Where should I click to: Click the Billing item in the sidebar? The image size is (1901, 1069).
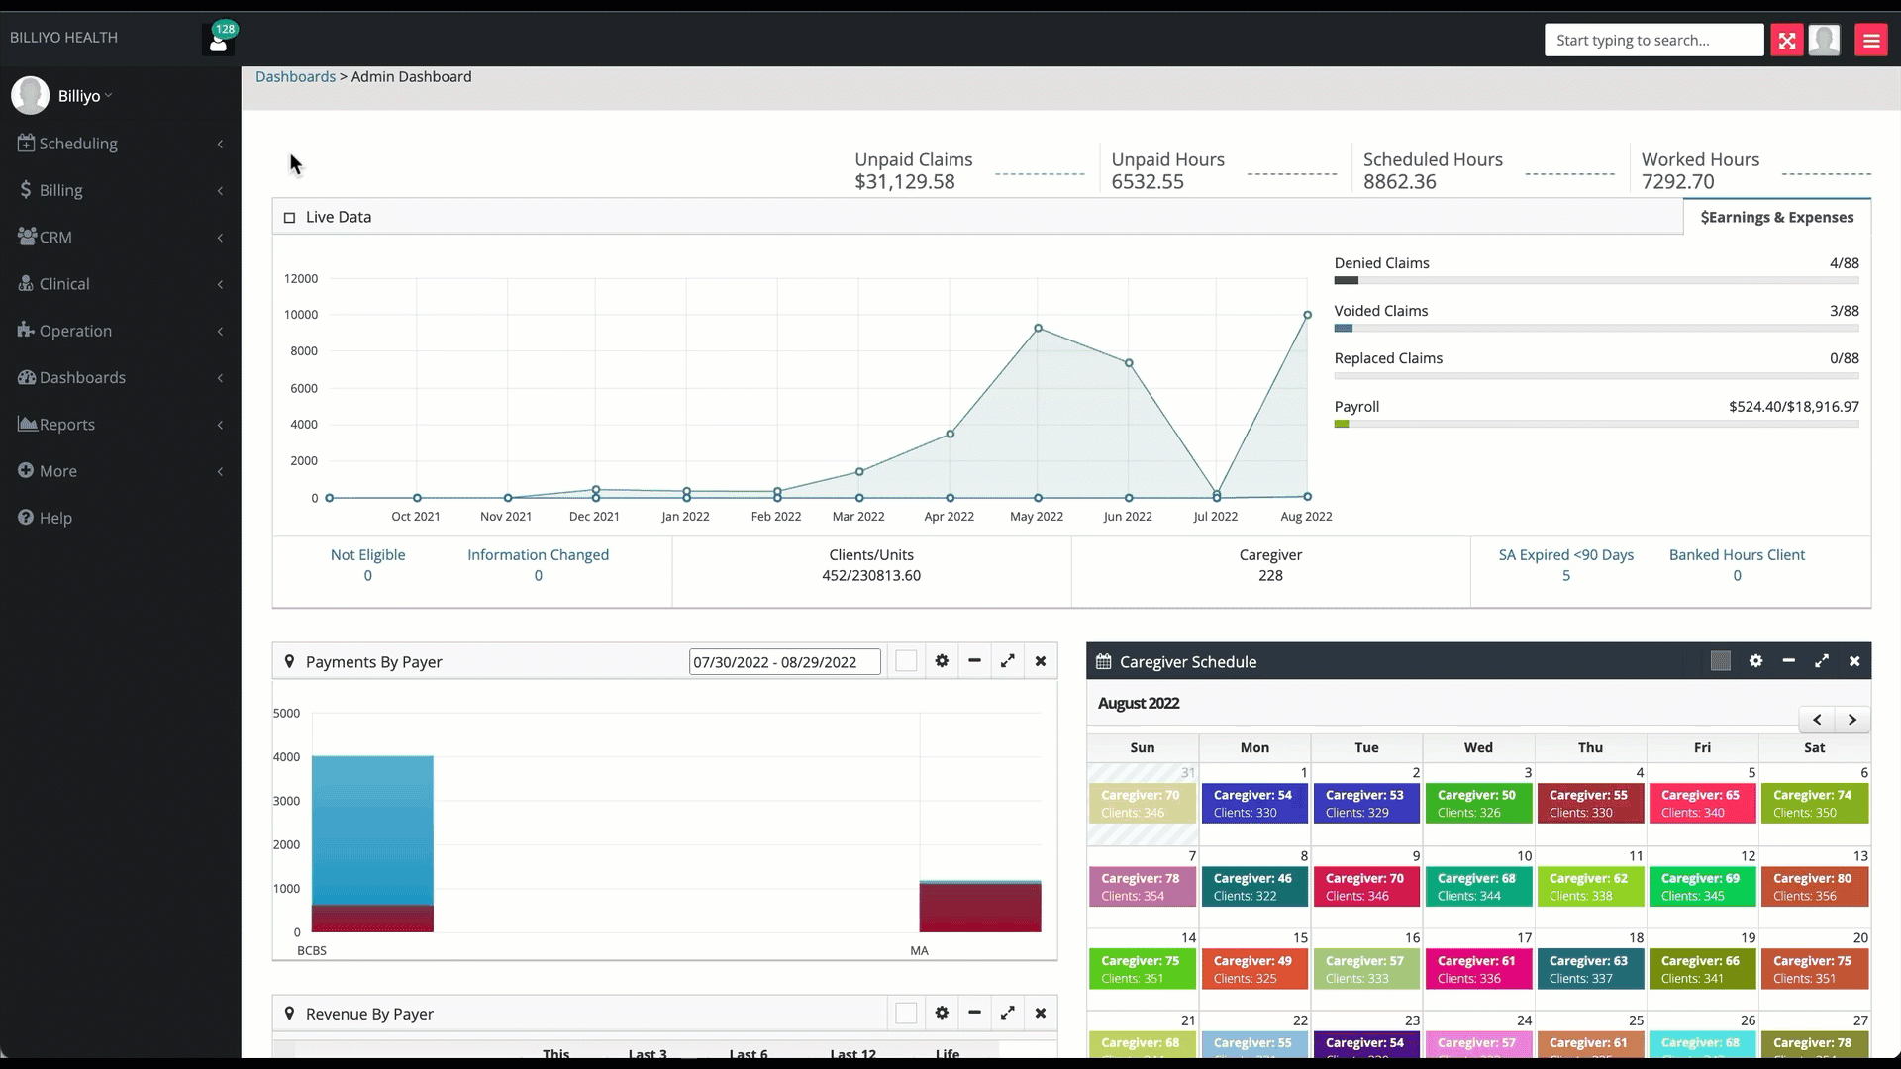(60, 190)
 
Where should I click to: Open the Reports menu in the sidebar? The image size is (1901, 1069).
(67, 425)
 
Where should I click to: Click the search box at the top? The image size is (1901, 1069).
(1652, 40)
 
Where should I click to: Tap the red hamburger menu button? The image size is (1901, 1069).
(1870, 40)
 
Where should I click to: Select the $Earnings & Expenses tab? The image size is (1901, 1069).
(1776, 217)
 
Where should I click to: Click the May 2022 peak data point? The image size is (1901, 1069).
(1038, 328)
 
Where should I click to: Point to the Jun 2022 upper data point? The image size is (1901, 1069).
(1129, 363)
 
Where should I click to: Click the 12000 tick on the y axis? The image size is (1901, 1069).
(301, 278)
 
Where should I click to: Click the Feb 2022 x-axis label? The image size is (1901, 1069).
(775, 516)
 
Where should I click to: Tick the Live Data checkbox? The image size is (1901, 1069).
(290, 218)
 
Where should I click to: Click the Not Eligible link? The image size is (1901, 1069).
(367, 555)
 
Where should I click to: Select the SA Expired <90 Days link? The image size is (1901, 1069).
(1565, 555)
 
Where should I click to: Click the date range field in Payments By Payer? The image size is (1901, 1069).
(784, 662)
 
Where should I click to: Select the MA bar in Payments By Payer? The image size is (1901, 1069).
(979, 907)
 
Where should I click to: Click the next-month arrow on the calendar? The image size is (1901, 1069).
(1851, 720)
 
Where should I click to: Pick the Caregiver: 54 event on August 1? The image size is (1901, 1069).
(1253, 803)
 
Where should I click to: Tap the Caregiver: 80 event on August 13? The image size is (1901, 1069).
(1813, 886)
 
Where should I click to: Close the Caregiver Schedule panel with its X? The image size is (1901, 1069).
(1854, 661)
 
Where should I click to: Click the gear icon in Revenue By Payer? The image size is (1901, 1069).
(942, 1013)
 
